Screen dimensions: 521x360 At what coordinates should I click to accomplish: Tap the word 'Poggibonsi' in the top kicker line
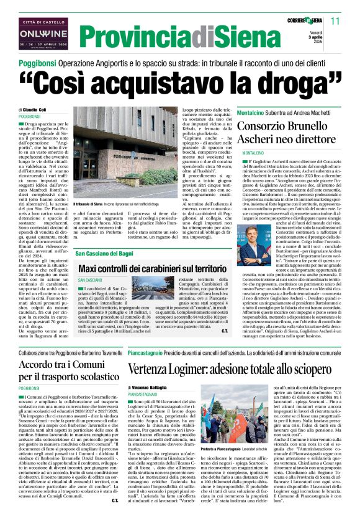tap(38, 63)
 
